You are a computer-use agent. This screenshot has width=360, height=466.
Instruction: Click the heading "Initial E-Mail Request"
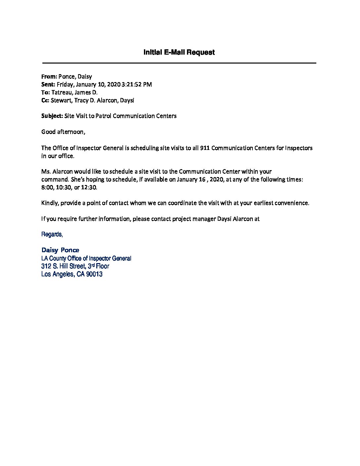179,52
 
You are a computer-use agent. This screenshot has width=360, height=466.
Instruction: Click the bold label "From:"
49,76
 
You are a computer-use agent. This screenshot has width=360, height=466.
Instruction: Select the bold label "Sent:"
48,84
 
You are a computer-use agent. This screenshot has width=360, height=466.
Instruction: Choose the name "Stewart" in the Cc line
61,100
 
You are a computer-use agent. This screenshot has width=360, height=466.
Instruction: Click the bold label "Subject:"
52,116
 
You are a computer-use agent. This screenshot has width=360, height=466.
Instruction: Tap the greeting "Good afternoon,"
63,132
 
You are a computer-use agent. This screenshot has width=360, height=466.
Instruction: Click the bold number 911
205,148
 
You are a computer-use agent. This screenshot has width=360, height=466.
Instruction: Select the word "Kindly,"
50,203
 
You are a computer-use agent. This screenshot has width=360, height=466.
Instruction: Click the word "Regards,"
52,234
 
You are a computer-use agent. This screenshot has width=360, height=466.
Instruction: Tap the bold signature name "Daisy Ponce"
60,250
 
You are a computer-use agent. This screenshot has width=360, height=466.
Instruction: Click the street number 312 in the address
45,266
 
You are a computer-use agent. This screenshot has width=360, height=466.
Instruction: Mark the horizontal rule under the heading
179,63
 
